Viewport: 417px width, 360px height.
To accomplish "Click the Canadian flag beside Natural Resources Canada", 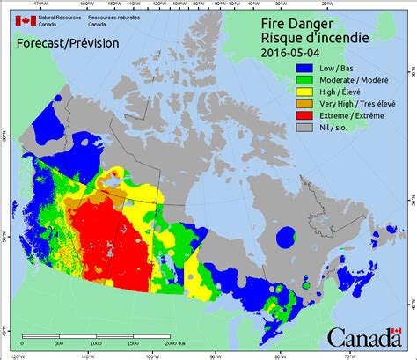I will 24,20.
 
